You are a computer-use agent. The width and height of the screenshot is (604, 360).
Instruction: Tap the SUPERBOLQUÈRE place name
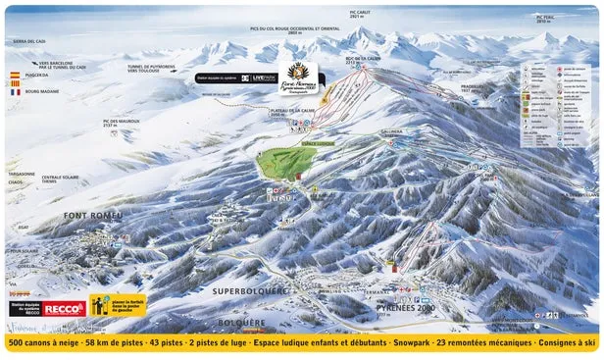tap(250, 291)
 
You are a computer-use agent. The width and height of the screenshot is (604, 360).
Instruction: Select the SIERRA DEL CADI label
tap(29, 41)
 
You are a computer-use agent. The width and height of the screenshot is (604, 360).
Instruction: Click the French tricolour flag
tap(15, 91)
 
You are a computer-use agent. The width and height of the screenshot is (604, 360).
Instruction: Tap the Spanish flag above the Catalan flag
tap(15, 75)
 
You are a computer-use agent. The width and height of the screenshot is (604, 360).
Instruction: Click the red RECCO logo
tap(62, 309)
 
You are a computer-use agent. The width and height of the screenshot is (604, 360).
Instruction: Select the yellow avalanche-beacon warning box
tap(118, 306)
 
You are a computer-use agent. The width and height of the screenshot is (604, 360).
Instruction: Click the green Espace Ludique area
tap(286, 162)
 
